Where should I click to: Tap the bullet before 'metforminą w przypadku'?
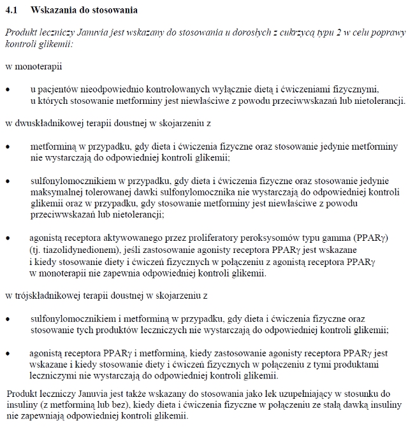tap(8, 146)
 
